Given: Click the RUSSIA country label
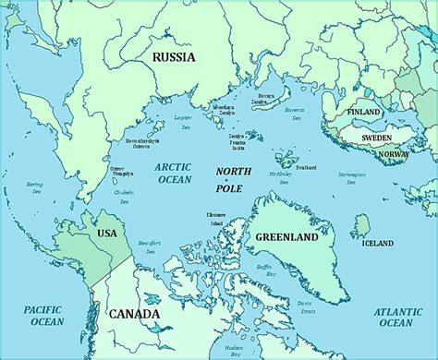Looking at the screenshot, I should tap(173, 56).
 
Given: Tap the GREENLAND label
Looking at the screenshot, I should tap(286, 237).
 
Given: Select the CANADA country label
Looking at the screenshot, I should tap(135, 314).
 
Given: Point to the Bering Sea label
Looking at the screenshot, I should tap(34, 188).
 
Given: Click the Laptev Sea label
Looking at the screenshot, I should tap(182, 120).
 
